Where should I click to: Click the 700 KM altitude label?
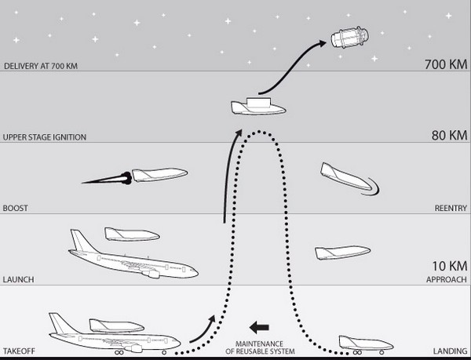coord(446,64)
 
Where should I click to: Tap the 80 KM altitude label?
coord(449,136)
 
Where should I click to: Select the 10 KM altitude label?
coord(450,266)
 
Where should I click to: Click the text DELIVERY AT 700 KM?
coord(41,66)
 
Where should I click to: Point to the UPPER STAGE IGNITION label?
coord(45,137)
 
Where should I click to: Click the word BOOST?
coord(16,208)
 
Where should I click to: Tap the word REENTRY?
coord(451,208)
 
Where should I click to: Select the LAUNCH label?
coord(18,279)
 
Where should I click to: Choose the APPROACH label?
coord(447,279)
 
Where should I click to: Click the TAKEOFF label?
coord(19,351)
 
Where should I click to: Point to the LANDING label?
coord(450,351)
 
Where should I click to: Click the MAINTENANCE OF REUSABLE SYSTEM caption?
coord(260,347)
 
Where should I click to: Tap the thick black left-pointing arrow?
coord(259,327)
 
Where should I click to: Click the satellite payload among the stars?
coord(350,37)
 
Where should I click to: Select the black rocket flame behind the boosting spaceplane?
coord(108,179)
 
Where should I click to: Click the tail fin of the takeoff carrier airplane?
coord(60,323)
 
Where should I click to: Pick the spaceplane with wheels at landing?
coord(366,344)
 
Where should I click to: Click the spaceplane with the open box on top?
coord(258,107)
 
